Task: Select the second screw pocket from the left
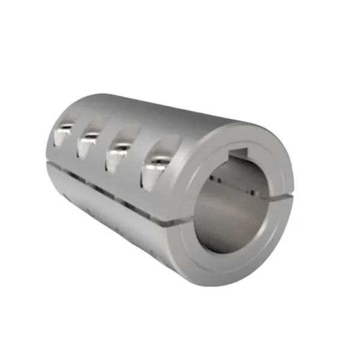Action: click(90, 142)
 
